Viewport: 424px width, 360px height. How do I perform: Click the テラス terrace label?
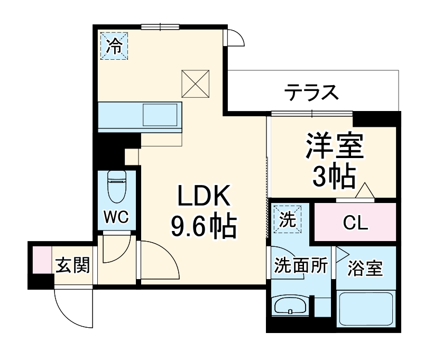point(311,93)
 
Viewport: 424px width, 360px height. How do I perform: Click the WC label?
point(116,217)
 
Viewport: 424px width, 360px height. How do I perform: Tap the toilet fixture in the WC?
point(116,186)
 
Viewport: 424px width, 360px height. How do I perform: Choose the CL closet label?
point(355,224)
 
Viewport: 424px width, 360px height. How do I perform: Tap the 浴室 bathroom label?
point(365,269)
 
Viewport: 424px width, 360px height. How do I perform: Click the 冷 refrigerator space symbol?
point(114,47)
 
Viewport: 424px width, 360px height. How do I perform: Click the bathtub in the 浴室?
point(366,310)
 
